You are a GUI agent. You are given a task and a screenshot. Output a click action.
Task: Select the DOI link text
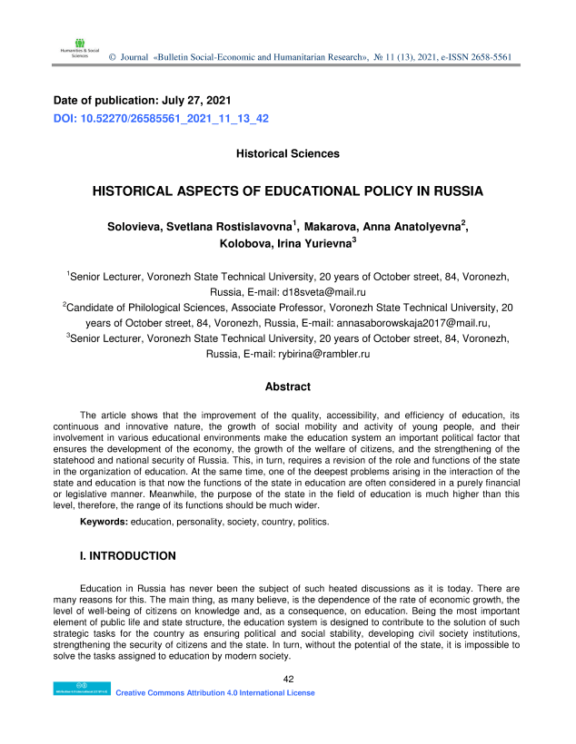coord(161,119)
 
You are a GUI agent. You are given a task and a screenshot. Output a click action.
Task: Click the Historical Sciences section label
coord(287,154)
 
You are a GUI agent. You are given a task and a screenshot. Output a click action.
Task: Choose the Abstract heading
coord(287,387)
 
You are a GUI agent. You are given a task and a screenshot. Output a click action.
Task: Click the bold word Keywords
coord(104,523)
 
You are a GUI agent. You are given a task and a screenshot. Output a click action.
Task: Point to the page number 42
coord(288,679)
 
